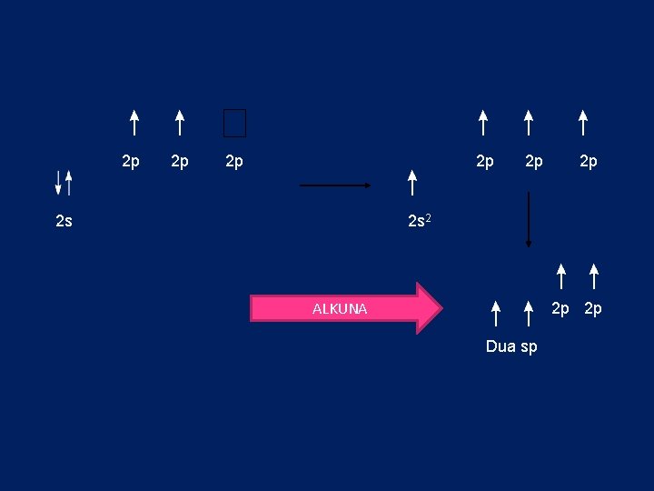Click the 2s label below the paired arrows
(x=64, y=221)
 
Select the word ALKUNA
(x=340, y=309)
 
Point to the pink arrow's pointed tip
(x=440, y=308)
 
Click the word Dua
(x=501, y=346)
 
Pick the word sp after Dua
(x=529, y=347)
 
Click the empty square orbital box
(x=234, y=123)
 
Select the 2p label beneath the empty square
(x=234, y=162)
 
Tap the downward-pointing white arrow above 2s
(x=58, y=182)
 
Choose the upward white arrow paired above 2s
(x=68, y=182)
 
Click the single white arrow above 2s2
(x=412, y=182)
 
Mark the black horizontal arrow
(x=335, y=185)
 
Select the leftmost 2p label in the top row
(x=131, y=162)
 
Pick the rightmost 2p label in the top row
(x=589, y=162)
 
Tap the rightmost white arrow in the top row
(x=583, y=123)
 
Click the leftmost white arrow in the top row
(x=134, y=123)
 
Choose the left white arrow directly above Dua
(x=495, y=312)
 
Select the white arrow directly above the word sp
(x=529, y=312)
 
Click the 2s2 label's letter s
(x=425, y=221)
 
